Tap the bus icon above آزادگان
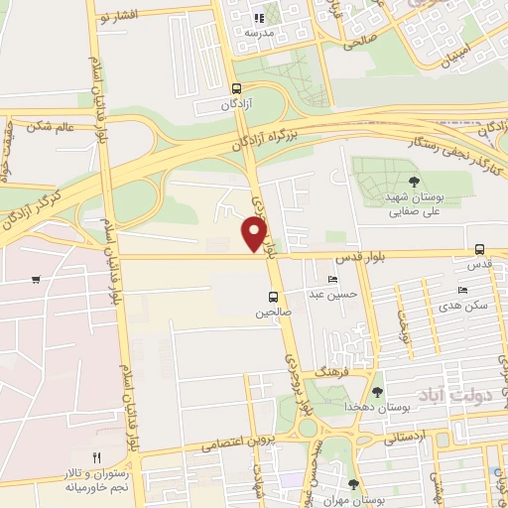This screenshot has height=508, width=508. [x=234, y=86]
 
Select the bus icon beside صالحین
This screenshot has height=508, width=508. [x=273, y=296]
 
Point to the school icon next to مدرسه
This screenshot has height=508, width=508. [x=258, y=17]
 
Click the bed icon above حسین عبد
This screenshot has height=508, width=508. [x=332, y=279]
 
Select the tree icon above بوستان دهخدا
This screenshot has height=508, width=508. [x=376, y=391]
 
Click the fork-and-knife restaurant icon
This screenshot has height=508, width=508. [x=96, y=457]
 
